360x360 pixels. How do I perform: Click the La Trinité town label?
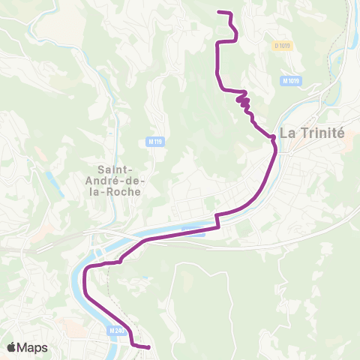click(x=311, y=133)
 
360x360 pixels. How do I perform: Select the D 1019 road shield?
click(x=281, y=46)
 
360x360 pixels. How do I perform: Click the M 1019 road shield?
click(x=291, y=80)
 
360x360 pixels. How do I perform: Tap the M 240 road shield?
click(x=115, y=331)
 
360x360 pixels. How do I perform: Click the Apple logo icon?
click(x=11, y=347)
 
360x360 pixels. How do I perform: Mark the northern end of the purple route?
click(x=218, y=12)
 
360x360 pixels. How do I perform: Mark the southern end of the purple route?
click(x=148, y=347)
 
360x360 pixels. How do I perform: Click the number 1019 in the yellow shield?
click(x=283, y=46)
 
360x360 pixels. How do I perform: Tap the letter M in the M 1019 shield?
click(x=285, y=80)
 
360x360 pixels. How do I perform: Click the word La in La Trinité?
click(x=287, y=133)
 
